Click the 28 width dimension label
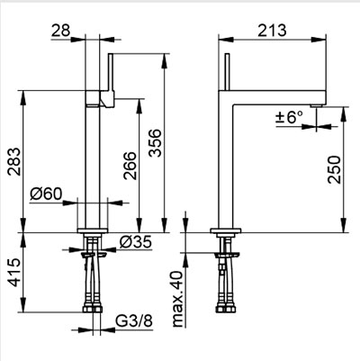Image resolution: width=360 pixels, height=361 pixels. click(60, 31)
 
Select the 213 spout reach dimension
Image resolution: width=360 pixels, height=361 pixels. click(272, 31)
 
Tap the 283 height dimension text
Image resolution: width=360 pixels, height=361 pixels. click(14, 161)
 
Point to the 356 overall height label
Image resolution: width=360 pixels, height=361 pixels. click(155, 143)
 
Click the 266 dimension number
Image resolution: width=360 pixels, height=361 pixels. click(130, 166)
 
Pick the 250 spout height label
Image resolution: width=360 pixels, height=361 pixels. click(334, 169)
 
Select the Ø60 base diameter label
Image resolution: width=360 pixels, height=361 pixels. click(46, 194)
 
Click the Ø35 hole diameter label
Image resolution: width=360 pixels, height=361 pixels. click(135, 242)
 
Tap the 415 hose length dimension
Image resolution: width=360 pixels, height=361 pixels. click(14, 272)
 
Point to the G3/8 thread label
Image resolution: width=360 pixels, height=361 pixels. click(134, 321)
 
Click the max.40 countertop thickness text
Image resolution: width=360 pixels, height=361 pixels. click(178, 299)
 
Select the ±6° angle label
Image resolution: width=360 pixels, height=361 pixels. click(290, 117)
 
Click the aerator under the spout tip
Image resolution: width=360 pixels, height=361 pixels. click(317, 105)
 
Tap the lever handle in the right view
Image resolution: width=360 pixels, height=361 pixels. click(227, 72)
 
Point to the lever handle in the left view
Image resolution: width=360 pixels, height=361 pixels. click(111, 80)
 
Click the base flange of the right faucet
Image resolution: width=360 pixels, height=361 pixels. click(226, 230)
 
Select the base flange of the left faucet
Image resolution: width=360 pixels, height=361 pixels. click(93, 230)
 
